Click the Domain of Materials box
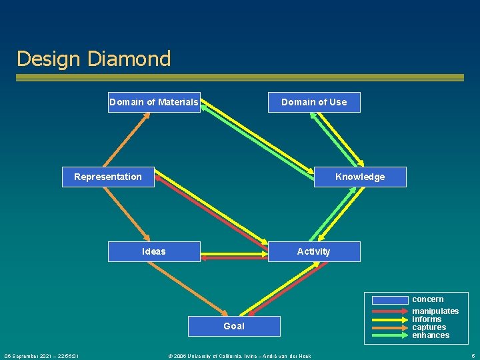click(x=154, y=102)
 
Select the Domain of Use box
click(x=314, y=102)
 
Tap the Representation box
click(x=108, y=177)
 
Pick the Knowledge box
click(x=360, y=177)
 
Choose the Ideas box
click(x=154, y=251)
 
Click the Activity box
click(x=314, y=251)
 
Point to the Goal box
click(x=234, y=326)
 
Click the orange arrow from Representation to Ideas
click(x=131, y=213)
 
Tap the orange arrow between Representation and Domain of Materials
click(x=131, y=139)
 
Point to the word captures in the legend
click(x=429, y=327)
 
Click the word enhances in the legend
click(x=430, y=335)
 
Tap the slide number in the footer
click(x=473, y=356)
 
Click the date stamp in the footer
click(x=41, y=356)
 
